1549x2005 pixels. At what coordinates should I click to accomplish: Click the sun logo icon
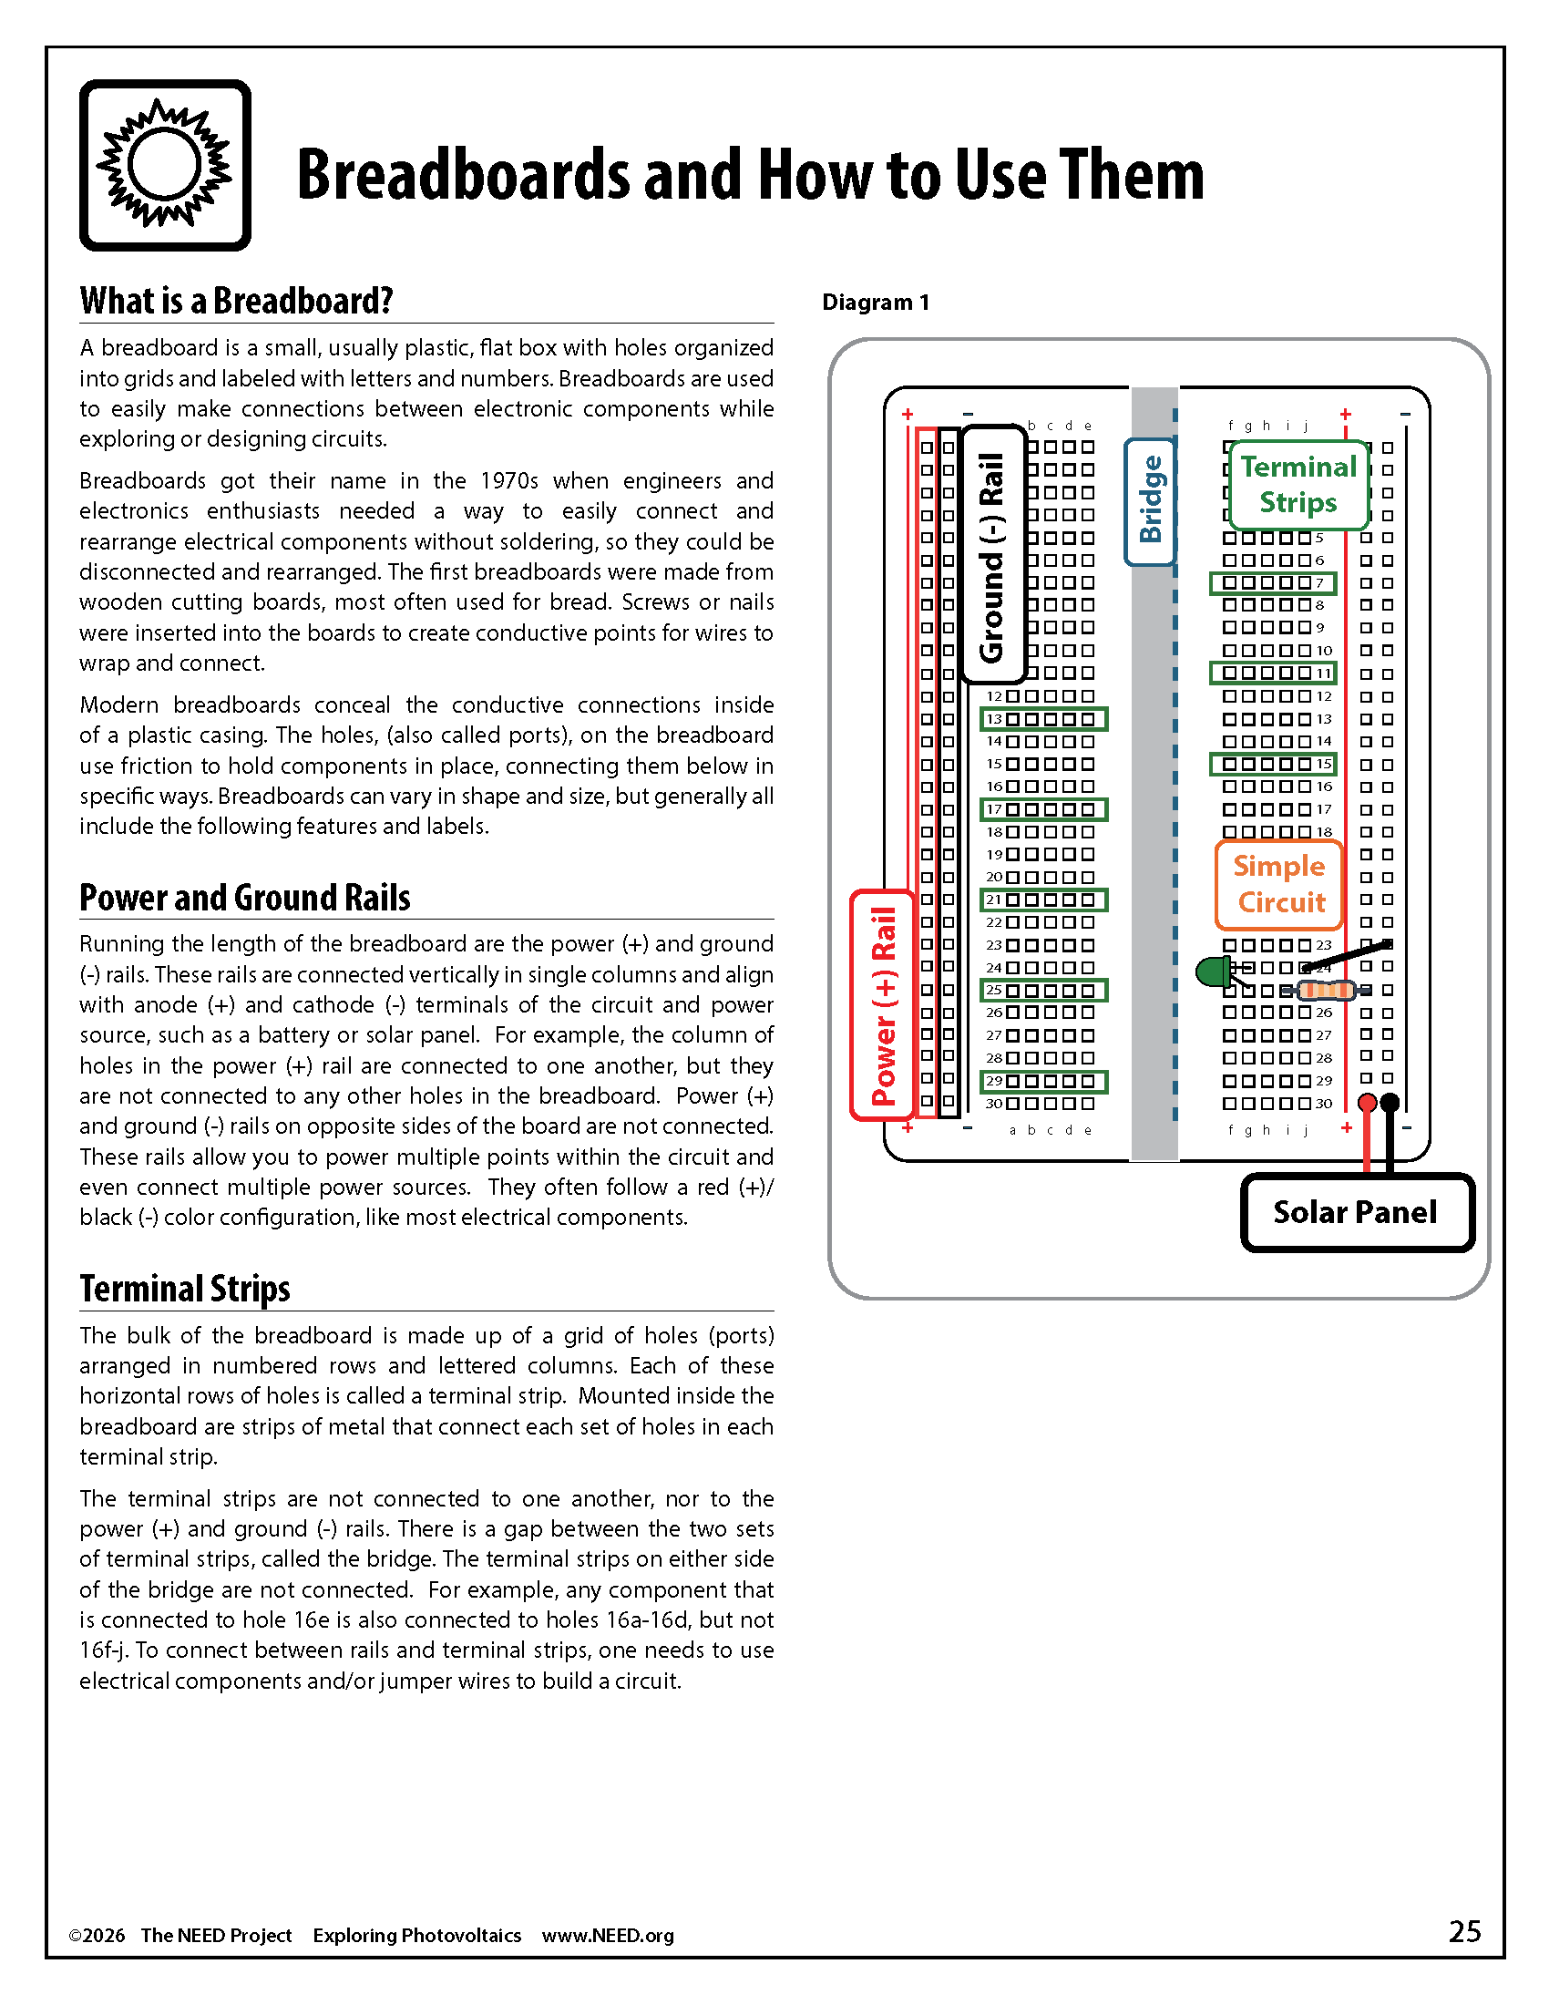tap(165, 165)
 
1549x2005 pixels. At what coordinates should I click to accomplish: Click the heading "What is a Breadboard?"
tap(236, 301)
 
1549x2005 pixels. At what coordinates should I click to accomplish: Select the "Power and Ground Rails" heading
tap(244, 898)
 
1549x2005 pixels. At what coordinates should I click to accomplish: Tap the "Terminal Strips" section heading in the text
tap(184, 1289)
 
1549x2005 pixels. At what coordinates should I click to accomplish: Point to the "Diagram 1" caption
tap(876, 302)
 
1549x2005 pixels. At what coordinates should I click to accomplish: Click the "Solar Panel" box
tap(1356, 1212)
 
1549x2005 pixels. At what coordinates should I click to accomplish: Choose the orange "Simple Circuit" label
tap(1279, 884)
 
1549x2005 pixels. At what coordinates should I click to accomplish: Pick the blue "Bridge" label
tap(1150, 500)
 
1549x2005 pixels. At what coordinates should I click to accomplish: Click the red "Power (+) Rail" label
tap(883, 1005)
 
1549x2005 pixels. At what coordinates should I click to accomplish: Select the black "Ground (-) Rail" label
tap(992, 556)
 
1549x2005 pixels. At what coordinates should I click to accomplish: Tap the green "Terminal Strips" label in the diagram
tap(1298, 485)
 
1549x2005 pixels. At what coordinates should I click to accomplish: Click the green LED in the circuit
tap(1213, 972)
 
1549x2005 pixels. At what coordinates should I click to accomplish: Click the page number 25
tap(1464, 1931)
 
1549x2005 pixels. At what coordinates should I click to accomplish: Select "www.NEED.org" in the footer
tap(608, 1935)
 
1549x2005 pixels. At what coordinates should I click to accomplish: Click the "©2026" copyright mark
tap(97, 1935)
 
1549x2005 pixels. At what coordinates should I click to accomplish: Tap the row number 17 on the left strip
tap(994, 809)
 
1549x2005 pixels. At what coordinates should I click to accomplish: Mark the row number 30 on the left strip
tap(994, 1104)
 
